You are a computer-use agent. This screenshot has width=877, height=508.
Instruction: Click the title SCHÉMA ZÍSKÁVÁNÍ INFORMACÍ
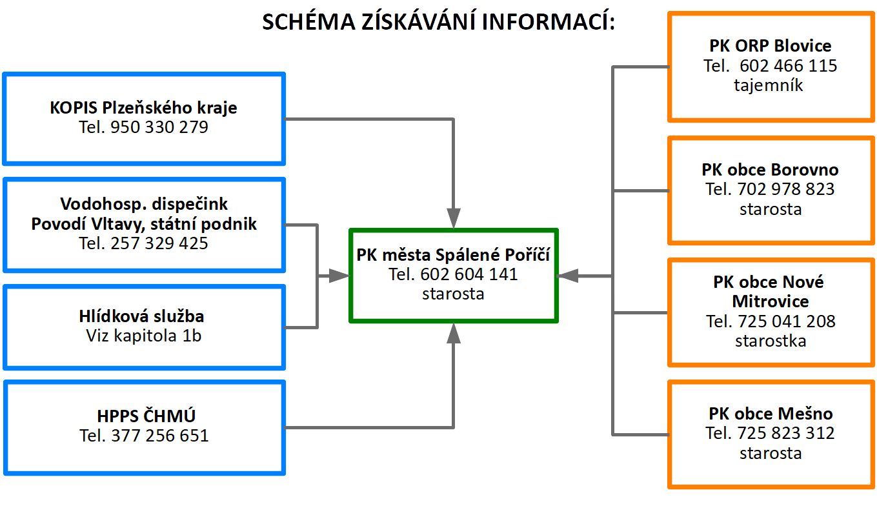coord(438,22)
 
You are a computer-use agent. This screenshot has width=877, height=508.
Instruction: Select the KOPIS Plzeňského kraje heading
coord(143,107)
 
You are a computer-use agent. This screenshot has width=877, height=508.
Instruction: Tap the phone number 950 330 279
coord(159,127)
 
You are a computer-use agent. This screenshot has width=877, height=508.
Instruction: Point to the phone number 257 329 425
coord(159,243)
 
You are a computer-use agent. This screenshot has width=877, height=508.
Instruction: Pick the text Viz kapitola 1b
coord(143,336)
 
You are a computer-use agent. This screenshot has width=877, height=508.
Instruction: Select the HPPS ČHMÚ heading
coord(143,415)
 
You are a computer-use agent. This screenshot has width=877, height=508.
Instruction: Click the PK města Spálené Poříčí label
coord(453,254)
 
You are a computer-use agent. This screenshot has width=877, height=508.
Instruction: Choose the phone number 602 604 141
coord(469,274)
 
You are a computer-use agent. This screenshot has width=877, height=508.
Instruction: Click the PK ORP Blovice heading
coord(770,46)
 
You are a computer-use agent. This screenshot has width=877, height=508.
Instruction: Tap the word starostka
coord(771,341)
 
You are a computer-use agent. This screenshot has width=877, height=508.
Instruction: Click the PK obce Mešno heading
coord(771,413)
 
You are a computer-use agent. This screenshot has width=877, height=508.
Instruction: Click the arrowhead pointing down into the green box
coord(454,218)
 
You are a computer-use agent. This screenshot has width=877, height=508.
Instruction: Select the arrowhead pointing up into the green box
coord(454,332)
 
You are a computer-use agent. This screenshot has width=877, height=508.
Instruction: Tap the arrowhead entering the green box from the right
coord(567,276)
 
